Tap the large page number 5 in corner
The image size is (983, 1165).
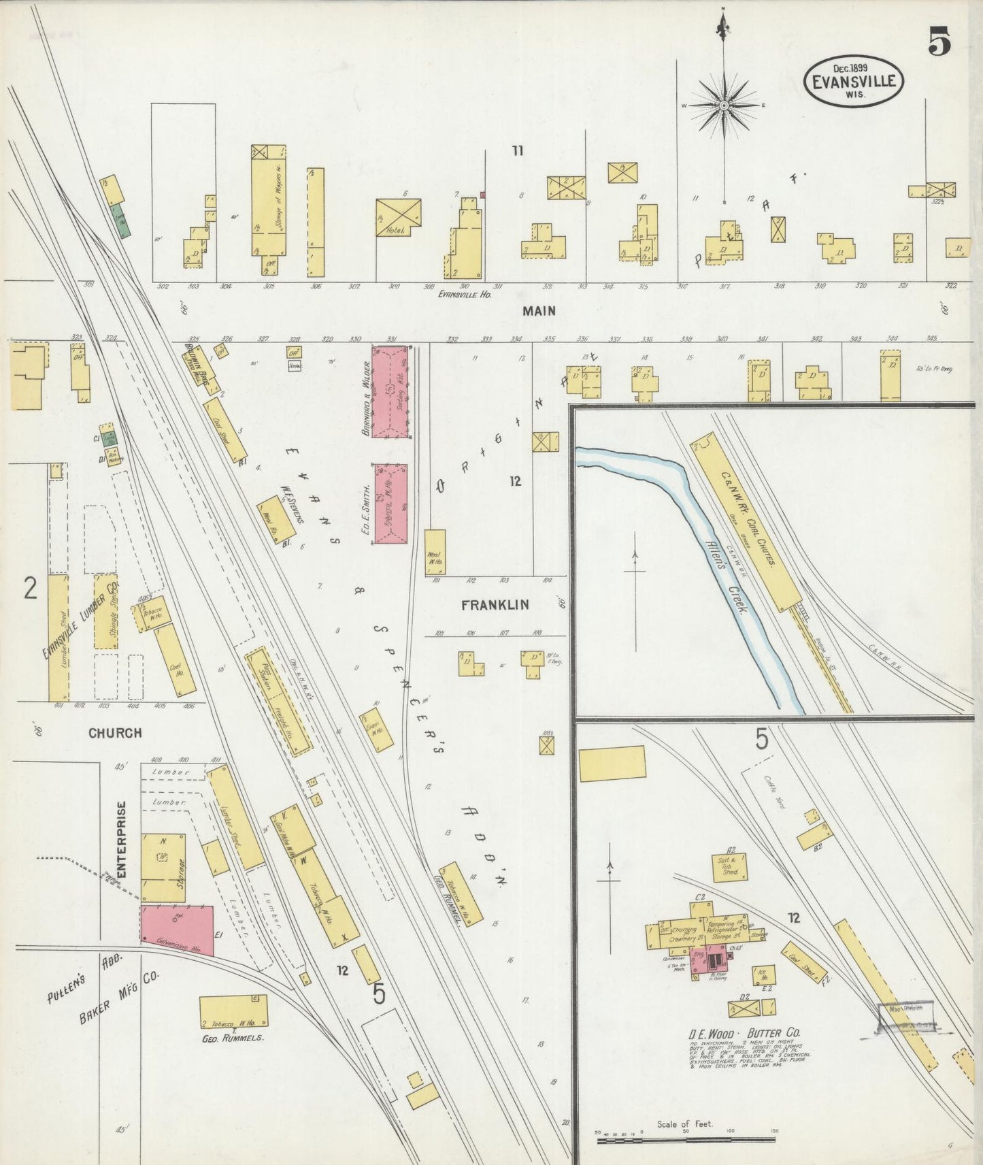point(939,43)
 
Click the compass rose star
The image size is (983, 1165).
point(724,105)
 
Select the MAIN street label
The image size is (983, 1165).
point(539,311)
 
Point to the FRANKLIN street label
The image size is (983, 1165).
point(495,604)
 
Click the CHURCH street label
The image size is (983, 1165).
point(115,733)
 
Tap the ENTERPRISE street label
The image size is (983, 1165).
point(122,839)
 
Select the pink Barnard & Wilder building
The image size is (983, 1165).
point(390,393)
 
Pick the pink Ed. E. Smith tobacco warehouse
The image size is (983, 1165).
point(390,504)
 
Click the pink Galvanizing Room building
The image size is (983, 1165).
point(177,930)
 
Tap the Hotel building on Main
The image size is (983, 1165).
point(399,217)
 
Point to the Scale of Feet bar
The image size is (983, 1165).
point(686,1140)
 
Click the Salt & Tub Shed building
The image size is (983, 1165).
point(730,866)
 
